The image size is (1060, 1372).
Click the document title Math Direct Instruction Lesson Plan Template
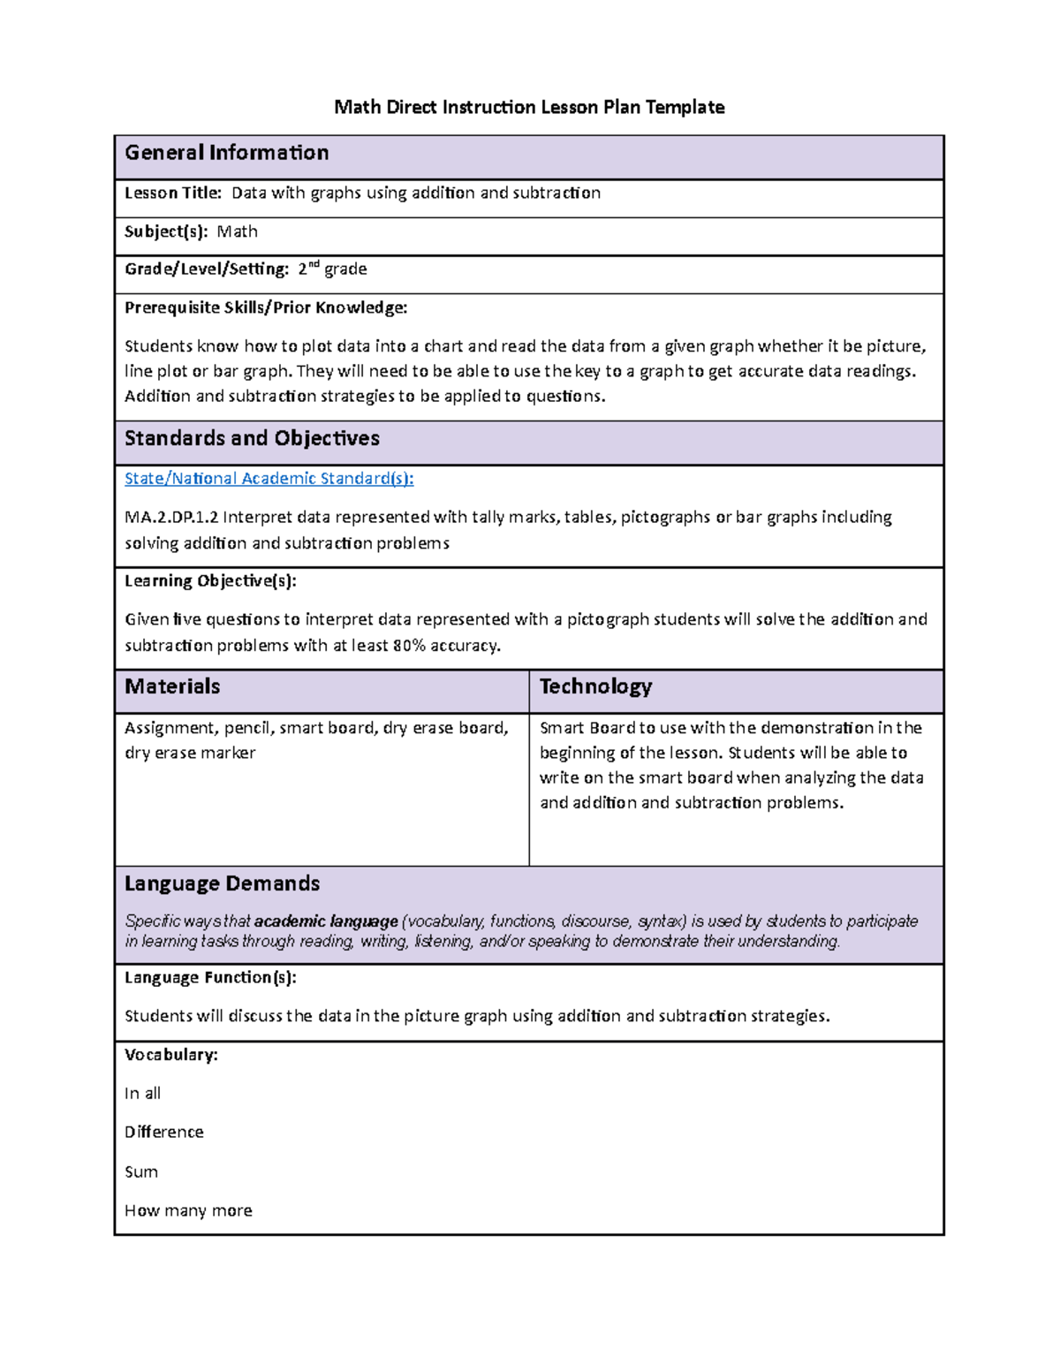(529, 108)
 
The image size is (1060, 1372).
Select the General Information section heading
(226, 153)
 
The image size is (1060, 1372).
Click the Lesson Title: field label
(173, 193)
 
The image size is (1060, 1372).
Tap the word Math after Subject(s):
(238, 231)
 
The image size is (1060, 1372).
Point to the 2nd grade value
(332, 269)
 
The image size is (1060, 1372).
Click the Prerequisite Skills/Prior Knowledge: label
(266, 307)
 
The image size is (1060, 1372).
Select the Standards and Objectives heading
(252, 438)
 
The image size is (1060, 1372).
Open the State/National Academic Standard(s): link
(269, 478)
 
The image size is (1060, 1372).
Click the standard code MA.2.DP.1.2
(171, 517)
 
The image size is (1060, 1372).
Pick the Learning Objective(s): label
(210, 580)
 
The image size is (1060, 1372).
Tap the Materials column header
(172, 686)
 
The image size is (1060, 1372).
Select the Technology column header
(595, 686)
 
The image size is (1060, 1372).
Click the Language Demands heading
(222, 883)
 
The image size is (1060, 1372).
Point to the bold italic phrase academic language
(326, 921)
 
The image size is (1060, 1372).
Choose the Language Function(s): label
(210, 977)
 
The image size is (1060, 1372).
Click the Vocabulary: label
(170, 1055)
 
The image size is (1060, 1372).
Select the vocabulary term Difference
(163, 1132)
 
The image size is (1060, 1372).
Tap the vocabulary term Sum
(141, 1171)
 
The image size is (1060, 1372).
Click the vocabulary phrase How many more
(188, 1210)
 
